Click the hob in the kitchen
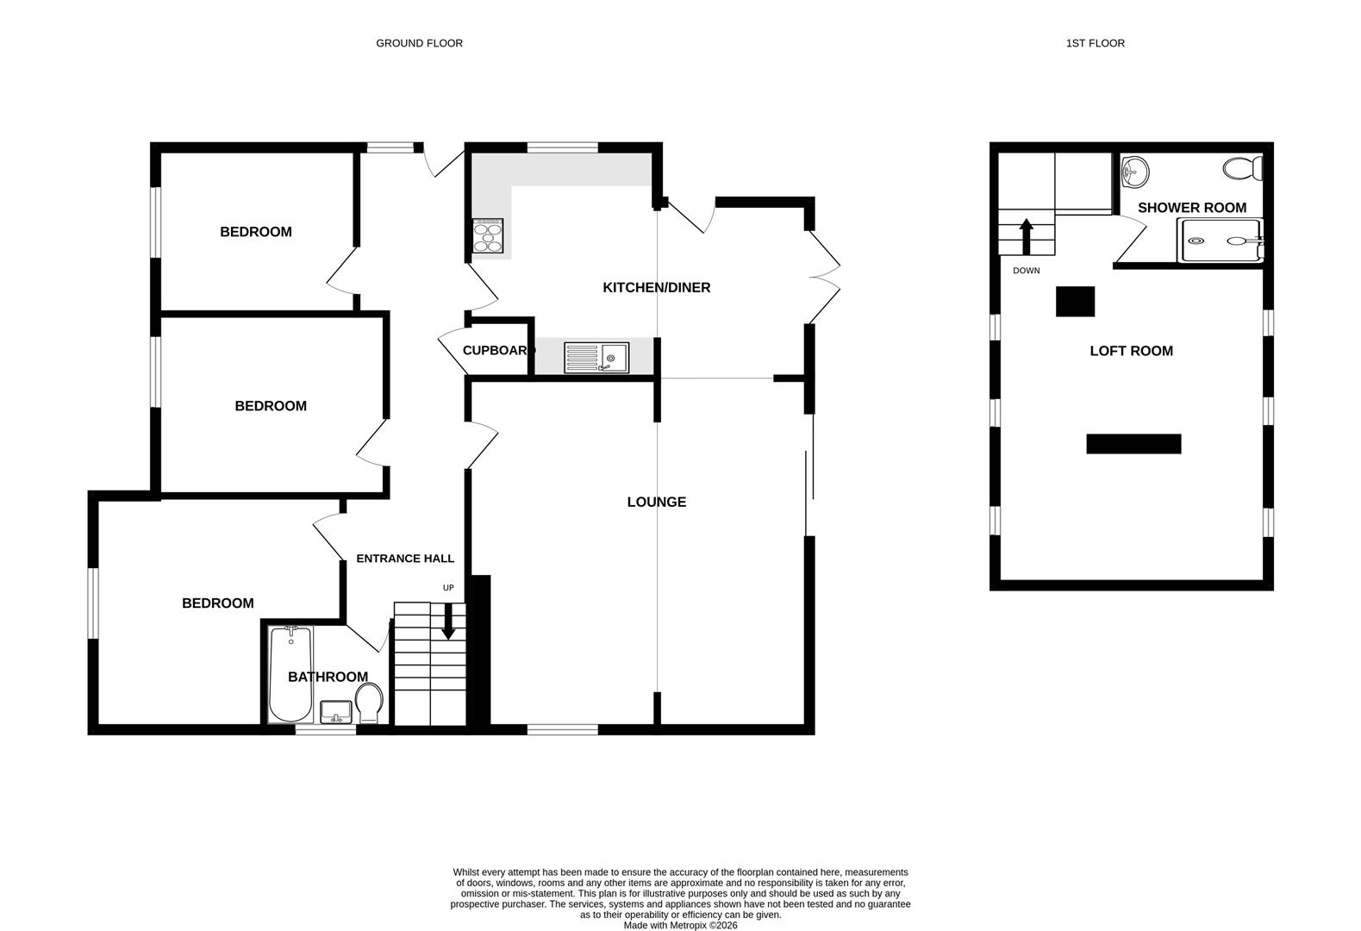pyautogui.click(x=488, y=235)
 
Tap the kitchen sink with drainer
pyautogui.click(x=596, y=358)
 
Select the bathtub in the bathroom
pyautogui.click(x=290, y=674)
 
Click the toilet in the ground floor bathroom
pyautogui.click(x=369, y=703)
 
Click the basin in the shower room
pyautogui.click(x=1135, y=172)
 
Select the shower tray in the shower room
pyautogui.click(x=1220, y=240)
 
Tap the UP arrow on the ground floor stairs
pyautogui.click(x=448, y=621)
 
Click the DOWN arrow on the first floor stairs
pyautogui.click(x=1027, y=236)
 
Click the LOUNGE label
pyautogui.click(x=656, y=502)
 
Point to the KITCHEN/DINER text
pyautogui.click(x=656, y=287)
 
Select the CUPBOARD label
pyautogui.click(x=498, y=350)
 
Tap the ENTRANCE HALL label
pyautogui.click(x=405, y=559)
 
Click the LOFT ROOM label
pyautogui.click(x=1131, y=351)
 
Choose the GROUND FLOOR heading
pyautogui.click(x=419, y=43)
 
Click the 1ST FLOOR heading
pyautogui.click(x=1095, y=43)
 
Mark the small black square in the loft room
pyautogui.click(x=1076, y=302)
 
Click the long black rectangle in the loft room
pyautogui.click(x=1133, y=444)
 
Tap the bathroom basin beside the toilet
pyautogui.click(x=336, y=712)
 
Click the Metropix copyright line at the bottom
pyautogui.click(x=680, y=926)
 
